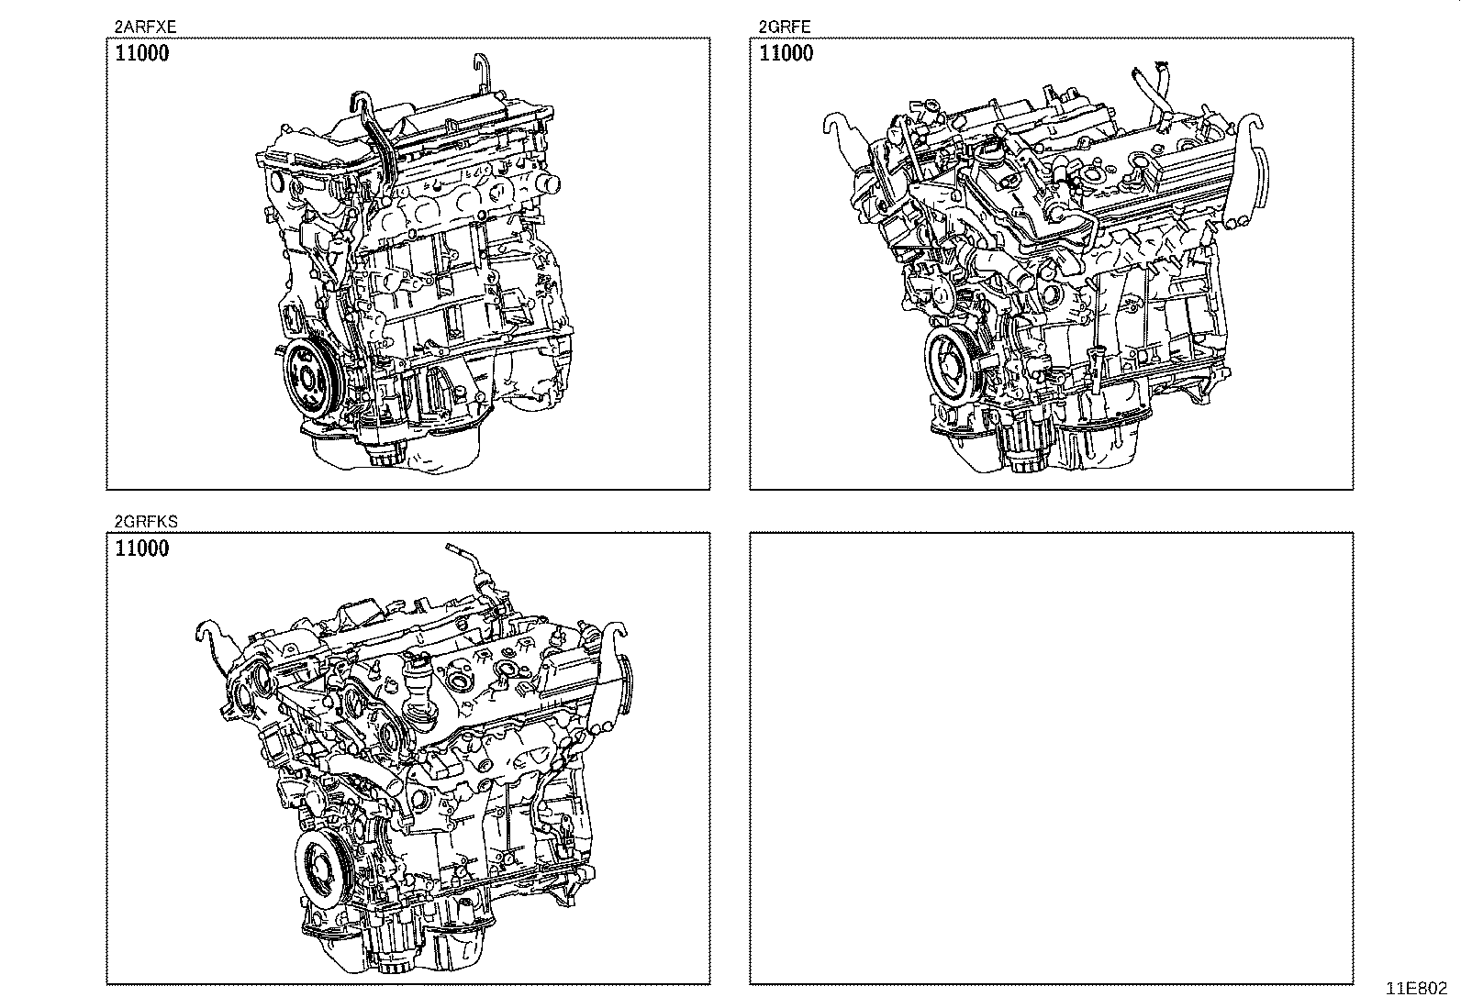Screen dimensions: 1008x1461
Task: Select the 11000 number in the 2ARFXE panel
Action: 142,53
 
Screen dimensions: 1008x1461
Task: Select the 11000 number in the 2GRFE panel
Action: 786,53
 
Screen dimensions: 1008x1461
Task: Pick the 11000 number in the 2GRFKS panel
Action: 142,549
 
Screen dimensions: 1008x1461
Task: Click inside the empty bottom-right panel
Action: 1051,758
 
